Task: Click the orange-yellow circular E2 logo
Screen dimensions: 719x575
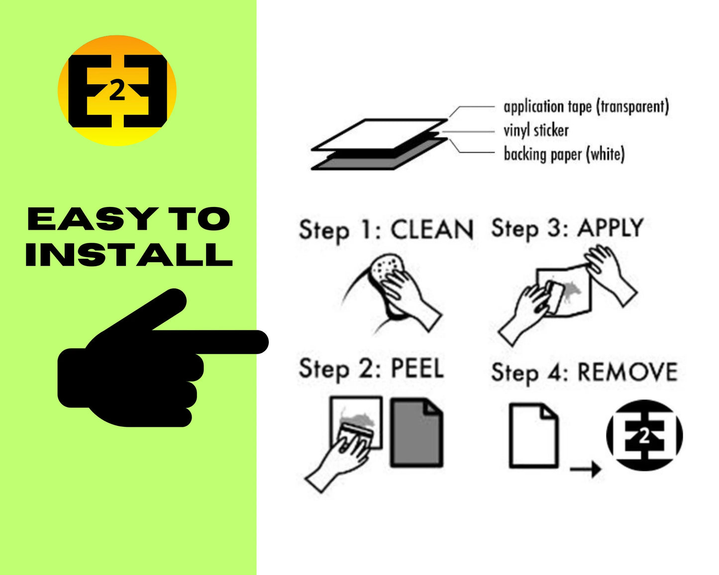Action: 117,91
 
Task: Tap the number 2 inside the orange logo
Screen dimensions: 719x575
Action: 117,91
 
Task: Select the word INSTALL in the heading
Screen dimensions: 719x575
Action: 129,255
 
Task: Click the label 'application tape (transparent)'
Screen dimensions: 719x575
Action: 586,107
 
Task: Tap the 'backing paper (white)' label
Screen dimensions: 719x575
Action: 564,154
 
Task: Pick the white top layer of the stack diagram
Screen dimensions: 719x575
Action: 379,134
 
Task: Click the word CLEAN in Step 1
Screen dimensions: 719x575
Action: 432,230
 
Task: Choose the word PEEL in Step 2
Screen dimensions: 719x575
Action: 417,368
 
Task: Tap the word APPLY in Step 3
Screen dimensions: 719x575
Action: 611,228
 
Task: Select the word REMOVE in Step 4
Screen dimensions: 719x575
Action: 628,372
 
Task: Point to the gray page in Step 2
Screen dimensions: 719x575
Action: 416,433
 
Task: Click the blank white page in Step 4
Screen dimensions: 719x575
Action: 533,436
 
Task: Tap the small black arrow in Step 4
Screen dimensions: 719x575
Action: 585,470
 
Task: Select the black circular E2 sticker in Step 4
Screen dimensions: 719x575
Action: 644,435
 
